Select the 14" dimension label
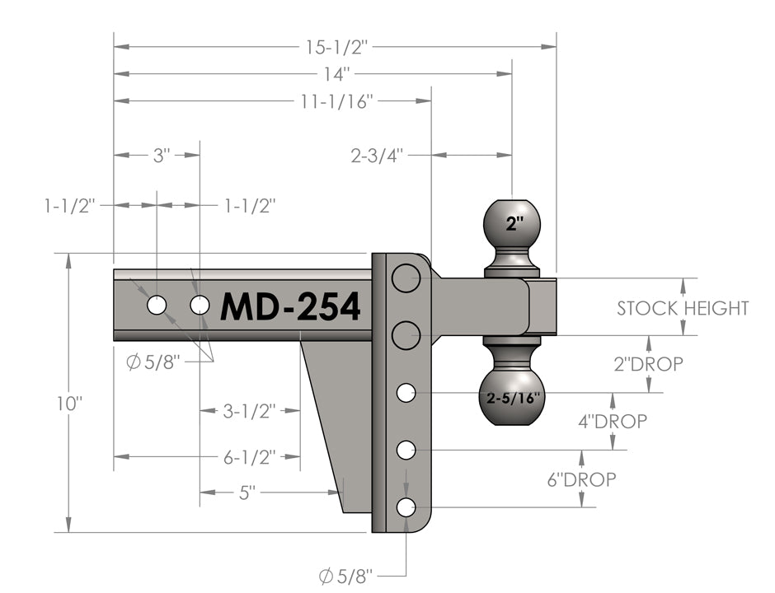click(x=336, y=74)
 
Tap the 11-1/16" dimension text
click(x=336, y=102)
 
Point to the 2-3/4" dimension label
click(x=377, y=154)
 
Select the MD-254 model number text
click(x=290, y=307)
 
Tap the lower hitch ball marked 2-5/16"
click(x=512, y=396)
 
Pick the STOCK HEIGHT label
click(x=683, y=308)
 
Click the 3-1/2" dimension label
click(x=249, y=410)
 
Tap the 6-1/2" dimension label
click(x=249, y=456)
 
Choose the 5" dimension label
click(x=248, y=493)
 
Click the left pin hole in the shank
click(x=156, y=306)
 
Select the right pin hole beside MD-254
click(x=200, y=306)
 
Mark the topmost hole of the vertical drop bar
click(x=406, y=278)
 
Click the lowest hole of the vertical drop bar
click(x=406, y=507)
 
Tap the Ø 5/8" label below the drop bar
click(x=346, y=574)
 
